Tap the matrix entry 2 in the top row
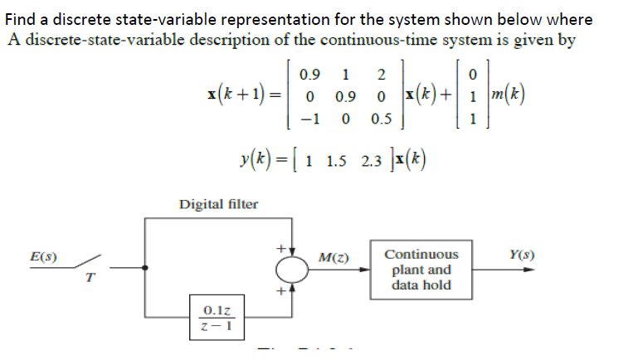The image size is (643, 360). click(379, 73)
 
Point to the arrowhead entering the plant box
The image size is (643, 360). click(372, 268)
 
